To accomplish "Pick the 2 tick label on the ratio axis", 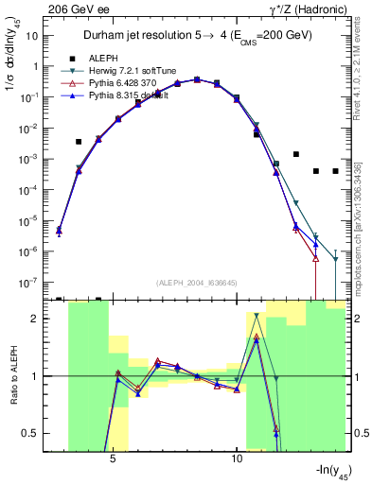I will (x=40, y=319).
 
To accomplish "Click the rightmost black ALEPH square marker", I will (x=335, y=171).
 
